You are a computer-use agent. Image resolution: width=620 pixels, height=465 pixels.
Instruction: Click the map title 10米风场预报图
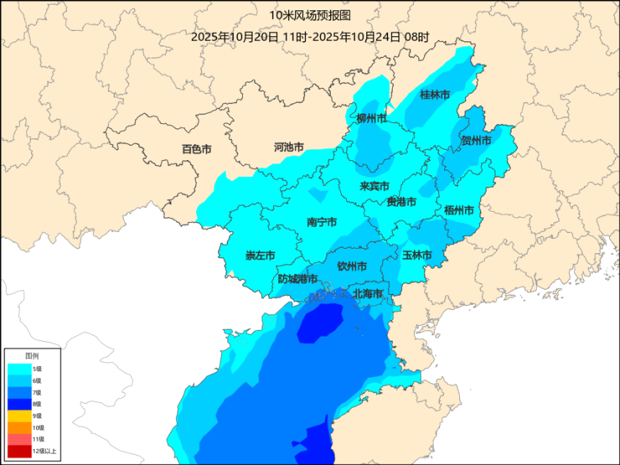[x=310, y=14]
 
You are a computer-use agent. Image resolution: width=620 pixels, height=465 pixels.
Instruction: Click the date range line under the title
[x=310, y=37]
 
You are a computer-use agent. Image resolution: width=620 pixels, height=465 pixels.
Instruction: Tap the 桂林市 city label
[x=435, y=95]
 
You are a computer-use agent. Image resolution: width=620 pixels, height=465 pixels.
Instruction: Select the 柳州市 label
[x=371, y=119]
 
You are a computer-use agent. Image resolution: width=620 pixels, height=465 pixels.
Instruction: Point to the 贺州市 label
[x=476, y=140]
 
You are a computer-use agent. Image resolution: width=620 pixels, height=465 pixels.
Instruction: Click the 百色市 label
[x=196, y=149]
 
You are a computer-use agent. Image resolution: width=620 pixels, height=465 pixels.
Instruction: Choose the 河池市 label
[x=289, y=147]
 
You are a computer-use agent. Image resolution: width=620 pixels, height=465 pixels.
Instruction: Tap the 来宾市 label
[x=374, y=187]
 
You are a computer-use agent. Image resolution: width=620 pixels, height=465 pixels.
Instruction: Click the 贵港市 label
[x=401, y=202]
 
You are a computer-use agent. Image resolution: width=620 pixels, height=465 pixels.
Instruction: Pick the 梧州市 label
[x=459, y=211]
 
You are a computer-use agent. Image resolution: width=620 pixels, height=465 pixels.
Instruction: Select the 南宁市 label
[x=322, y=222]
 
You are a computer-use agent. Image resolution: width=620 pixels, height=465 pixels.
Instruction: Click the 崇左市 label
[x=260, y=256]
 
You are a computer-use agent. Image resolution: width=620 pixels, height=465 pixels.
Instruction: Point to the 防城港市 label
[x=298, y=279]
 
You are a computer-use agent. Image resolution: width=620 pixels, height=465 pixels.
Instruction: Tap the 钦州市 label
[x=353, y=266]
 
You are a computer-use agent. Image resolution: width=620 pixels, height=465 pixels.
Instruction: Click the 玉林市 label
[x=417, y=255]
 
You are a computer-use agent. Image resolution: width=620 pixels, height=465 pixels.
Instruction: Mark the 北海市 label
[x=367, y=294]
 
